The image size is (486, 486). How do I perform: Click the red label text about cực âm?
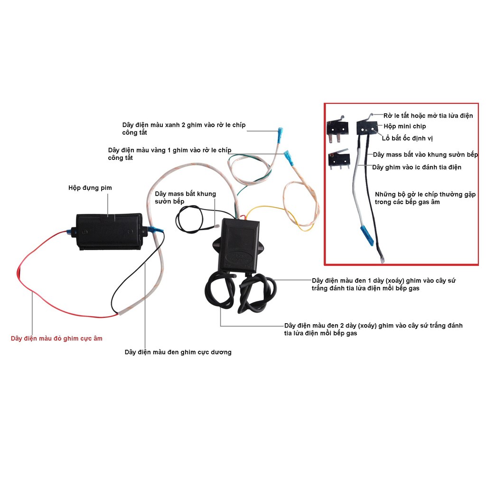(56, 338)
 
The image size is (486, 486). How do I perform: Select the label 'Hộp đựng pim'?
(90, 188)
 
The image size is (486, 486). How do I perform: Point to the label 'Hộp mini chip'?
(405, 126)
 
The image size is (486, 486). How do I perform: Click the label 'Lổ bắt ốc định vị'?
(407, 138)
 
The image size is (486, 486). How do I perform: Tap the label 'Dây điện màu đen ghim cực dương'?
(178, 352)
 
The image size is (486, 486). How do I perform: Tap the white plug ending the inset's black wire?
(382, 259)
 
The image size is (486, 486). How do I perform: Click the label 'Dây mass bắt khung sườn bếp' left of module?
(185, 197)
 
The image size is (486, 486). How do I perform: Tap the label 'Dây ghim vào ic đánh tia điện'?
(417, 167)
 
